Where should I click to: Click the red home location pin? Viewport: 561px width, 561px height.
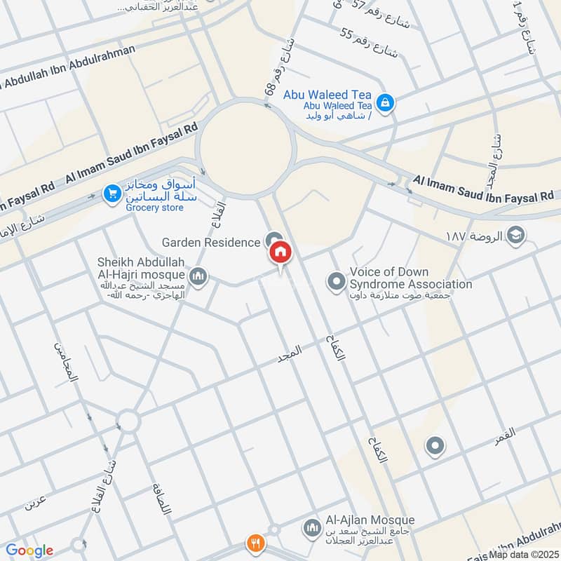pyautogui.click(x=280, y=252)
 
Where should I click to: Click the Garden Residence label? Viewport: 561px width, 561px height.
pyautogui.click(x=210, y=242)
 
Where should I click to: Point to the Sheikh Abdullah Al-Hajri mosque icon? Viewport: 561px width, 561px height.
pyautogui.click(x=198, y=278)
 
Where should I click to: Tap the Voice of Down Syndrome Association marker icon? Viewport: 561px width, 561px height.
pyautogui.click(x=336, y=282)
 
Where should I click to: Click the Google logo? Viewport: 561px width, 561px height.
pyautogui.click(x=29, y=550)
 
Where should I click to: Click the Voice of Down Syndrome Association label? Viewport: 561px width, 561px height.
pyautogui.click(x=410, y=278)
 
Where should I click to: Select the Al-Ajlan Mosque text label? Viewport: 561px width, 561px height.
pyautogui.click(x=370, y=520)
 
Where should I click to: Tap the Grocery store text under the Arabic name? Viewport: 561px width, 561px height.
pyautogui.click(x=154, y=208)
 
